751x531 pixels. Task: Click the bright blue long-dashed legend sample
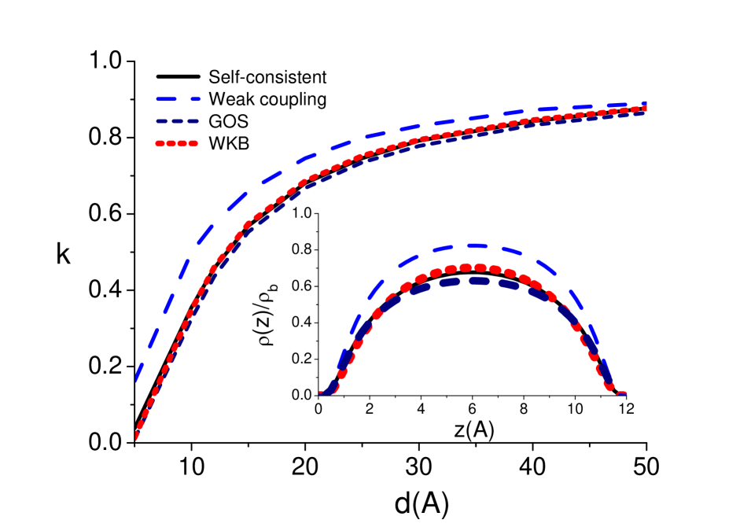point(178,99)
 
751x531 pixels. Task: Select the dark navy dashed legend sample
point(177,122)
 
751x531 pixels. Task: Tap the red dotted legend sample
point(176,144)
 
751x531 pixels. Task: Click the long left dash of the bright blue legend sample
point(169,99)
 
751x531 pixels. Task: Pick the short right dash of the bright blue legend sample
point(194,99)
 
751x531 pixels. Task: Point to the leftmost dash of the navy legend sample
point(161,122)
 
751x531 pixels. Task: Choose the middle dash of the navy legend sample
point(177,122)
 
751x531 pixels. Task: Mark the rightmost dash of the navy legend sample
point(193,122)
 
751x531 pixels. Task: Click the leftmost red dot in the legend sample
point(160,144)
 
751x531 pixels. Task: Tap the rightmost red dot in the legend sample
point(193,144)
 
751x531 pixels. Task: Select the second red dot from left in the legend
point(171,144)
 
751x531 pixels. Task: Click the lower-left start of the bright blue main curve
point(138,376)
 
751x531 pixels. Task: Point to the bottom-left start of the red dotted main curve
point(136,435)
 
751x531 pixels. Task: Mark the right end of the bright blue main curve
point(643,103)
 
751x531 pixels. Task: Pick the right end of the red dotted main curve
point(644,109)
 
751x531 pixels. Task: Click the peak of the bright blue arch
point(474,246)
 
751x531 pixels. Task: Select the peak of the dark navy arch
point(474,280)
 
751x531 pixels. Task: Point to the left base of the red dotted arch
point(325,393)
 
